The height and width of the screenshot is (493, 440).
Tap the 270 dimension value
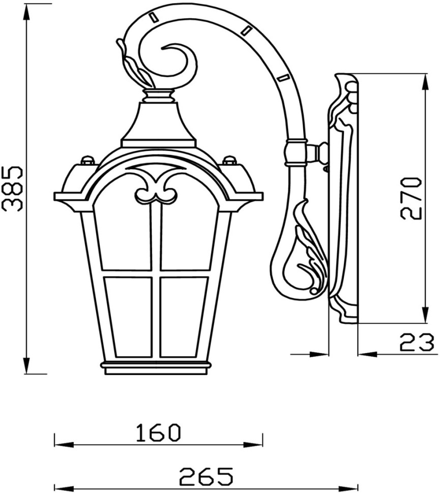[x=412, y=198]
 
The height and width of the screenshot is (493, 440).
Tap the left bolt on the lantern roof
[x=88, y=160]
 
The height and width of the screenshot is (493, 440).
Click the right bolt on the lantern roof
[x=229, y=160]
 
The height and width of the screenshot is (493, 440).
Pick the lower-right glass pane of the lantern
[x=183, y=317]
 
